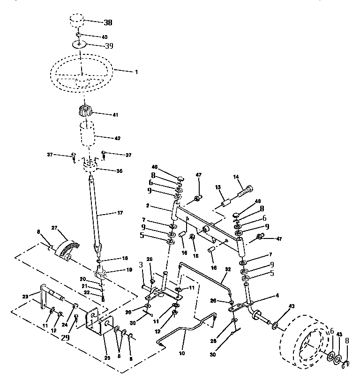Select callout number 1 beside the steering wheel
[136, 72]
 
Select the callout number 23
[25, 296]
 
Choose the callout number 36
[119, 171]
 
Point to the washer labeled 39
[79, 45]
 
